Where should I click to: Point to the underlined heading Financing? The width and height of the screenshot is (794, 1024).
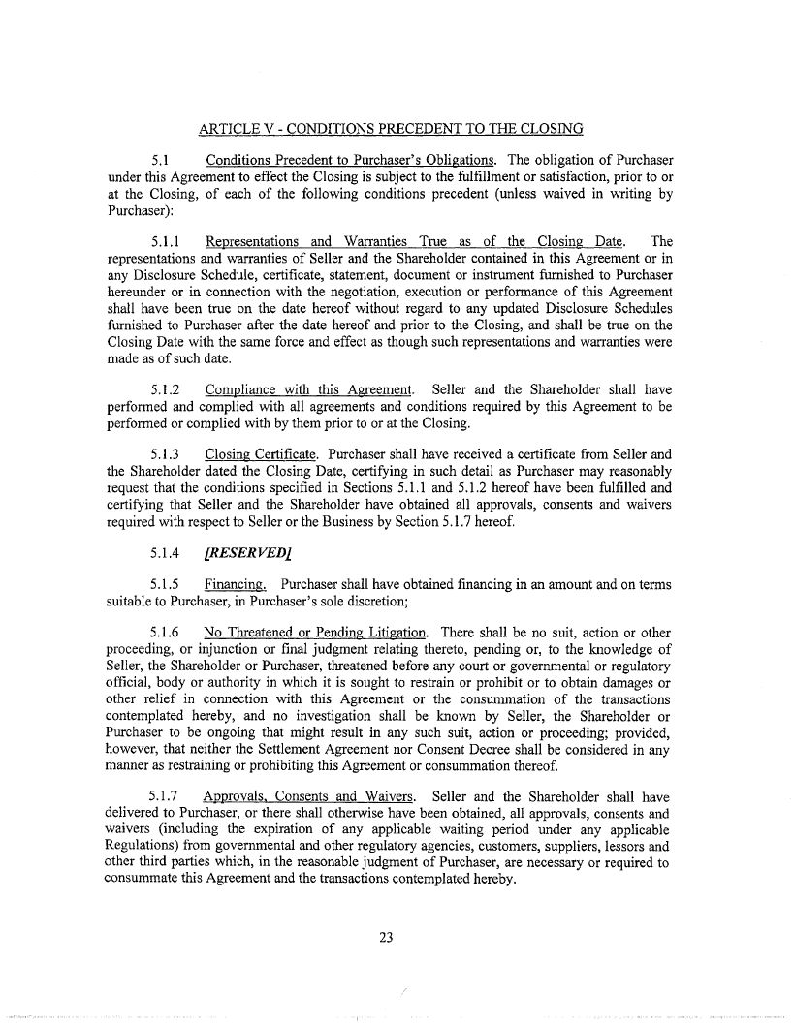pyautogui.click(x=236, y=585)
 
